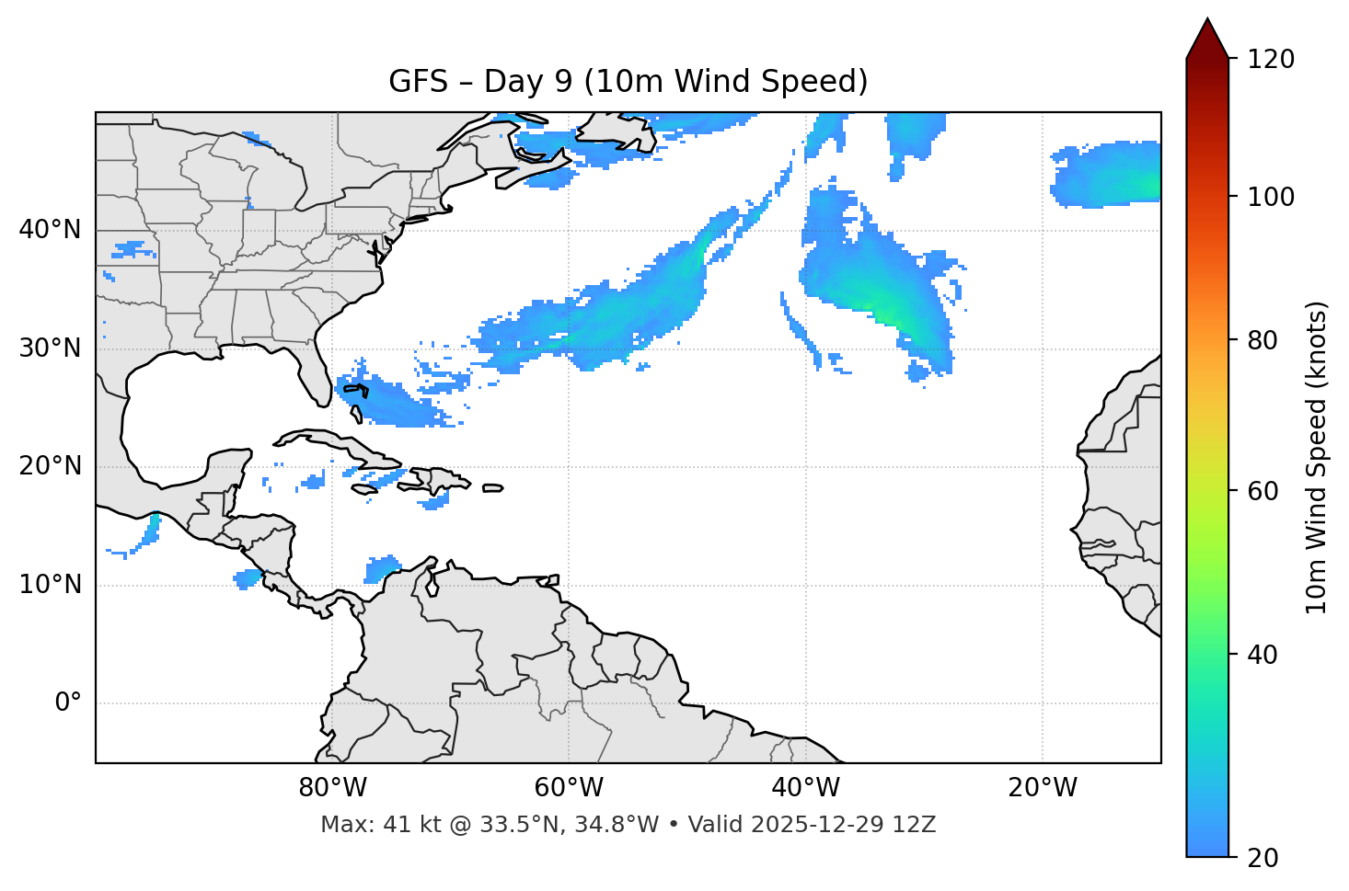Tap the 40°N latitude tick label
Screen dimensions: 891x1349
(x=50, y=230)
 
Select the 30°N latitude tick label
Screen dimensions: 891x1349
(x=50, y=348)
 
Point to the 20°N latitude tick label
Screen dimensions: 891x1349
(x=50, y=466)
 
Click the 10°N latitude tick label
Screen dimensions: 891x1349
(x=50, y=585)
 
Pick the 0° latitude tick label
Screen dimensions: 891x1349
(x=68, y=703)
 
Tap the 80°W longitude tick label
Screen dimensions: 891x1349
(x=332, y=788)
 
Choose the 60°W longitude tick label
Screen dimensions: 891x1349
(x=569, y=788)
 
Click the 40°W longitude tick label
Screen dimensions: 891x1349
(x=805, y=788)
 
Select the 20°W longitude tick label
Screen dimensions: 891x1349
(x=1042, y=788)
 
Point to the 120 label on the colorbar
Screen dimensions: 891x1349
(x=1271, y=60)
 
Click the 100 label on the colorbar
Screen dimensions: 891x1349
(x=1271, y=197)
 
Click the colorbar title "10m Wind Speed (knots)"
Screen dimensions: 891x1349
(x=1317, y=458)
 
